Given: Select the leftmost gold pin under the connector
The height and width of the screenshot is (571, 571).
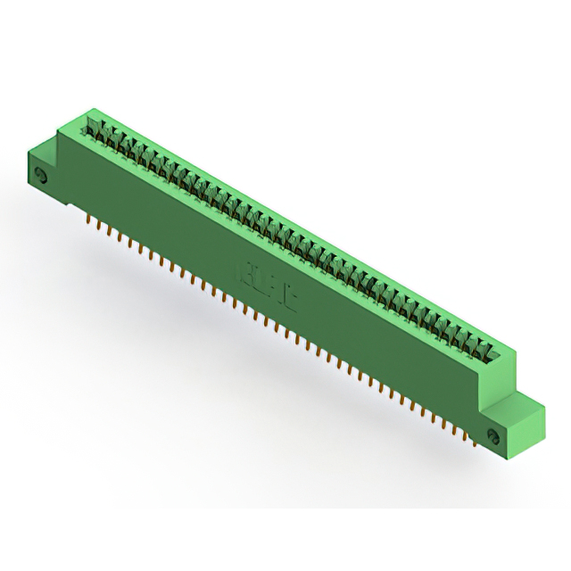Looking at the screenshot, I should [89, 219].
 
